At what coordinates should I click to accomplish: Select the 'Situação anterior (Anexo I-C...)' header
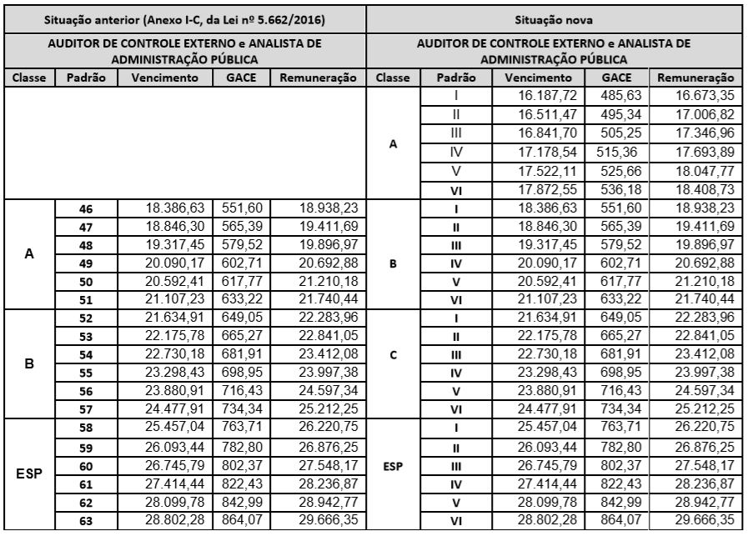pos(185,18)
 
